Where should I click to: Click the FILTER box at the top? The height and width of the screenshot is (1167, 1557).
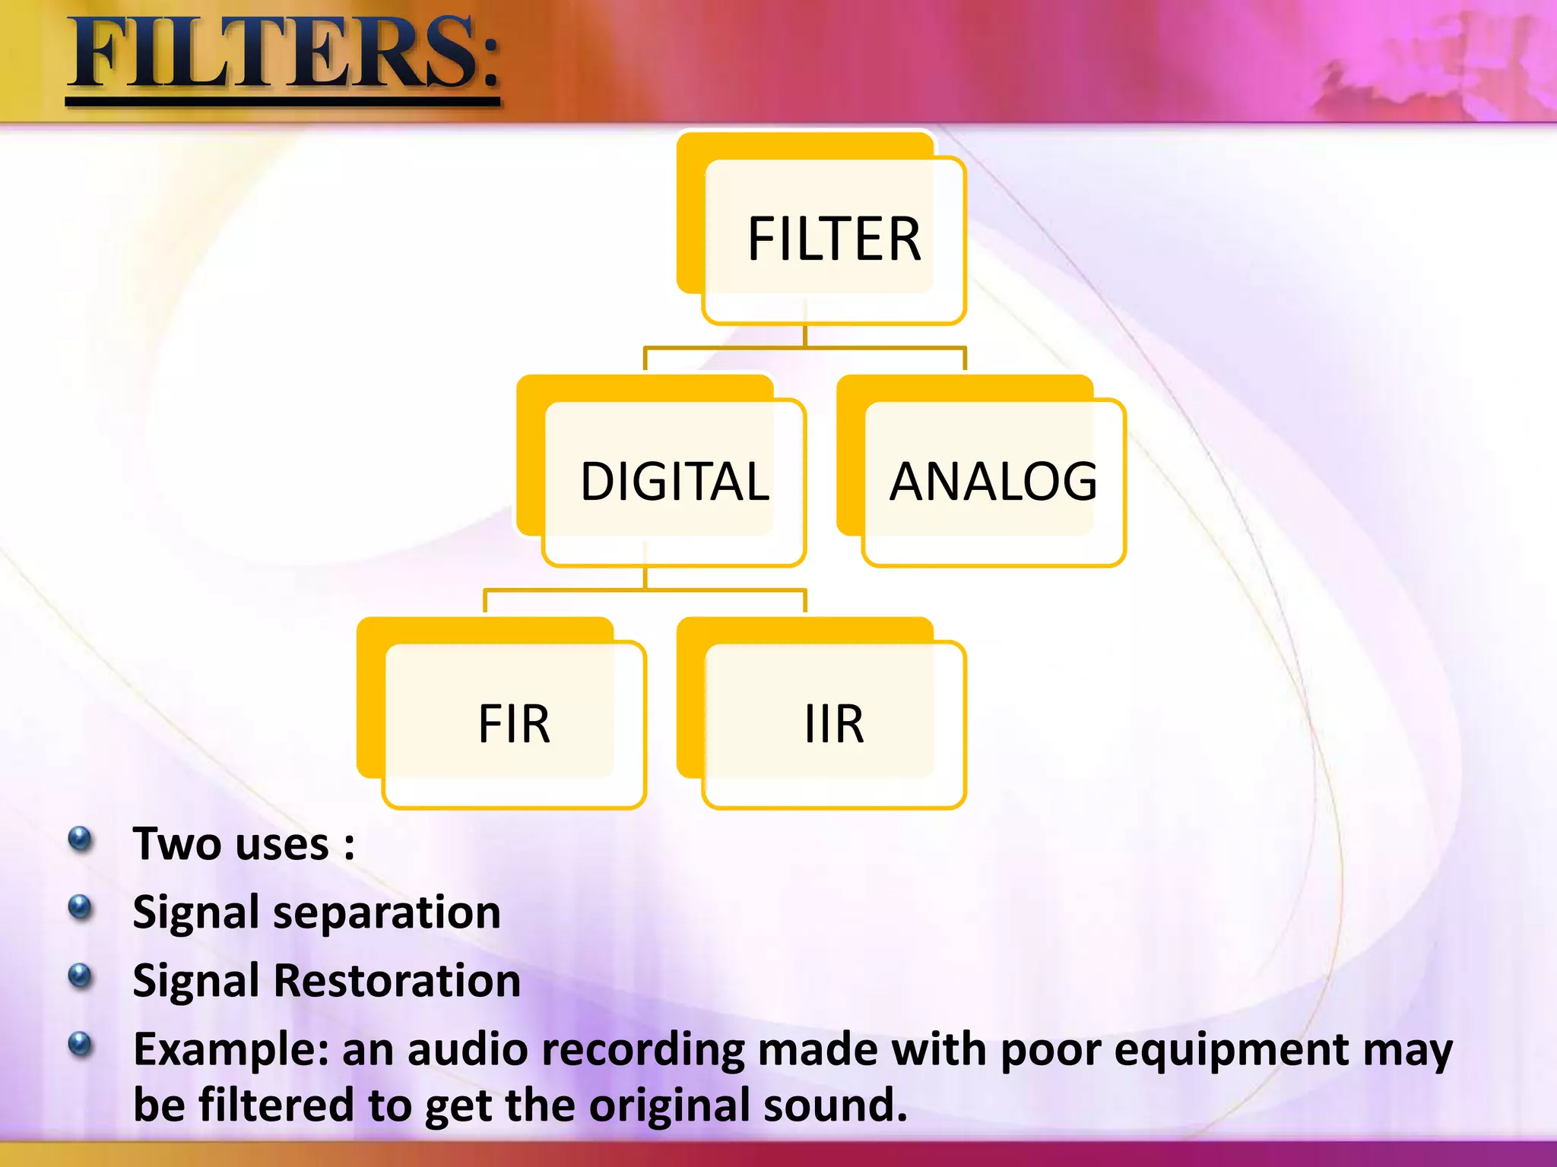tap(833, 239)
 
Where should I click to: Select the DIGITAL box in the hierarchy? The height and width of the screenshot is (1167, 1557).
tap(674, 482)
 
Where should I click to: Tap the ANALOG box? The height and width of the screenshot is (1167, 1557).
tap(993, 482)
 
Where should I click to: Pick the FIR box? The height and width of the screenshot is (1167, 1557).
tap(514, 724)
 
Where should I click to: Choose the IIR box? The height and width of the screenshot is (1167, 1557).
tap(833, 724)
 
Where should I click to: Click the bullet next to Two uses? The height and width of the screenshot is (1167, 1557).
tap(80, 840)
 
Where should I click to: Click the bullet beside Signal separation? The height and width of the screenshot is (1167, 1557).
tap(80, 907)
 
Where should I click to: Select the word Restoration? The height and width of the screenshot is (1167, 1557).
tap(397, 980)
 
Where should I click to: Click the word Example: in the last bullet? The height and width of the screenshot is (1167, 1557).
tap(231, 1050)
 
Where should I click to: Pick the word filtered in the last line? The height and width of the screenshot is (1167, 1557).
tap(276, 1105)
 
